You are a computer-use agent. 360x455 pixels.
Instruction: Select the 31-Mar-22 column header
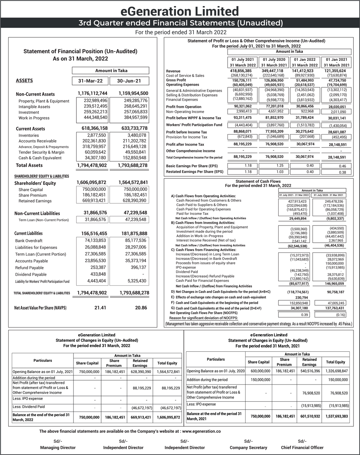click(90, 81)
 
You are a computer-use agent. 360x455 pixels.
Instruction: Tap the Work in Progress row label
click(34, 118)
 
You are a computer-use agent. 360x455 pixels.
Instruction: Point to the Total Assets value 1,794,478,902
click(92, 165)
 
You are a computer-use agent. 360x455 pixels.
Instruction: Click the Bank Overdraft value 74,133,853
click(95, 240)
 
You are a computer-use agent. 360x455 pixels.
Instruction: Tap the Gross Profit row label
click(176, 80)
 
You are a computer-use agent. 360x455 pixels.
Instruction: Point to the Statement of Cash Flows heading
click(258, 181)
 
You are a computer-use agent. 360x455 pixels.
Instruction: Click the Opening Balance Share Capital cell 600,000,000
click(258, 371)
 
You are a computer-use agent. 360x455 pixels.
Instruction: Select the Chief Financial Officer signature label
click(302, 447)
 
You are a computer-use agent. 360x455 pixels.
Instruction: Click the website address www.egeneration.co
click(202, 431)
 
